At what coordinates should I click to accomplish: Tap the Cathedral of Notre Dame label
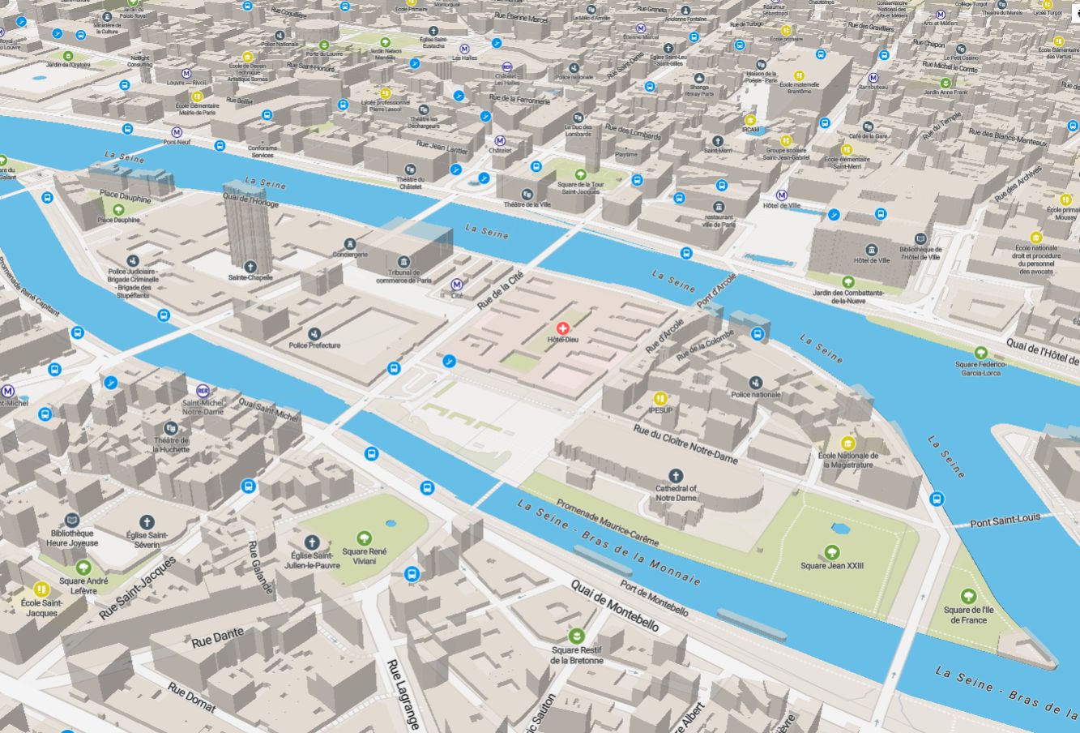[x=676, y=492]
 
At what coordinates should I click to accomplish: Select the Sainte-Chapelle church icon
[x=250, y=266]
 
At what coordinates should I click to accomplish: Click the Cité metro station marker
[x=457, y=285]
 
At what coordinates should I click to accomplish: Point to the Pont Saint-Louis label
[x=1005, y=521]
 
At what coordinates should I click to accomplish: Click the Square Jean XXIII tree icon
[x=831, y=552]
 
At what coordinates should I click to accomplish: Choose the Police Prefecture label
[x=314, y=345]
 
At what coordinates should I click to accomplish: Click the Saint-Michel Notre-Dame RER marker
[x=203, y=391]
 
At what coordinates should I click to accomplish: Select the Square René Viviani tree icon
[x=365, y=537]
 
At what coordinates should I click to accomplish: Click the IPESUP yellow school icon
[x=661, y=398]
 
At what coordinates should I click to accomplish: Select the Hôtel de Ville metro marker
[x=782, y=195]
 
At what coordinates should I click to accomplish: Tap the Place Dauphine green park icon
[x=118, y=209]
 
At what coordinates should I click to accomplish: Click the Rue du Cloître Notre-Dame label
[x=685, y=444]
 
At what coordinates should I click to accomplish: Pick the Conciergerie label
[x=350, y=254]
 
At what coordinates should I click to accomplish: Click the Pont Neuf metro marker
[x=177, y=132]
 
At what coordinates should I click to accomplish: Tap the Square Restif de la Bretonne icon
[x=577, y=635]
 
